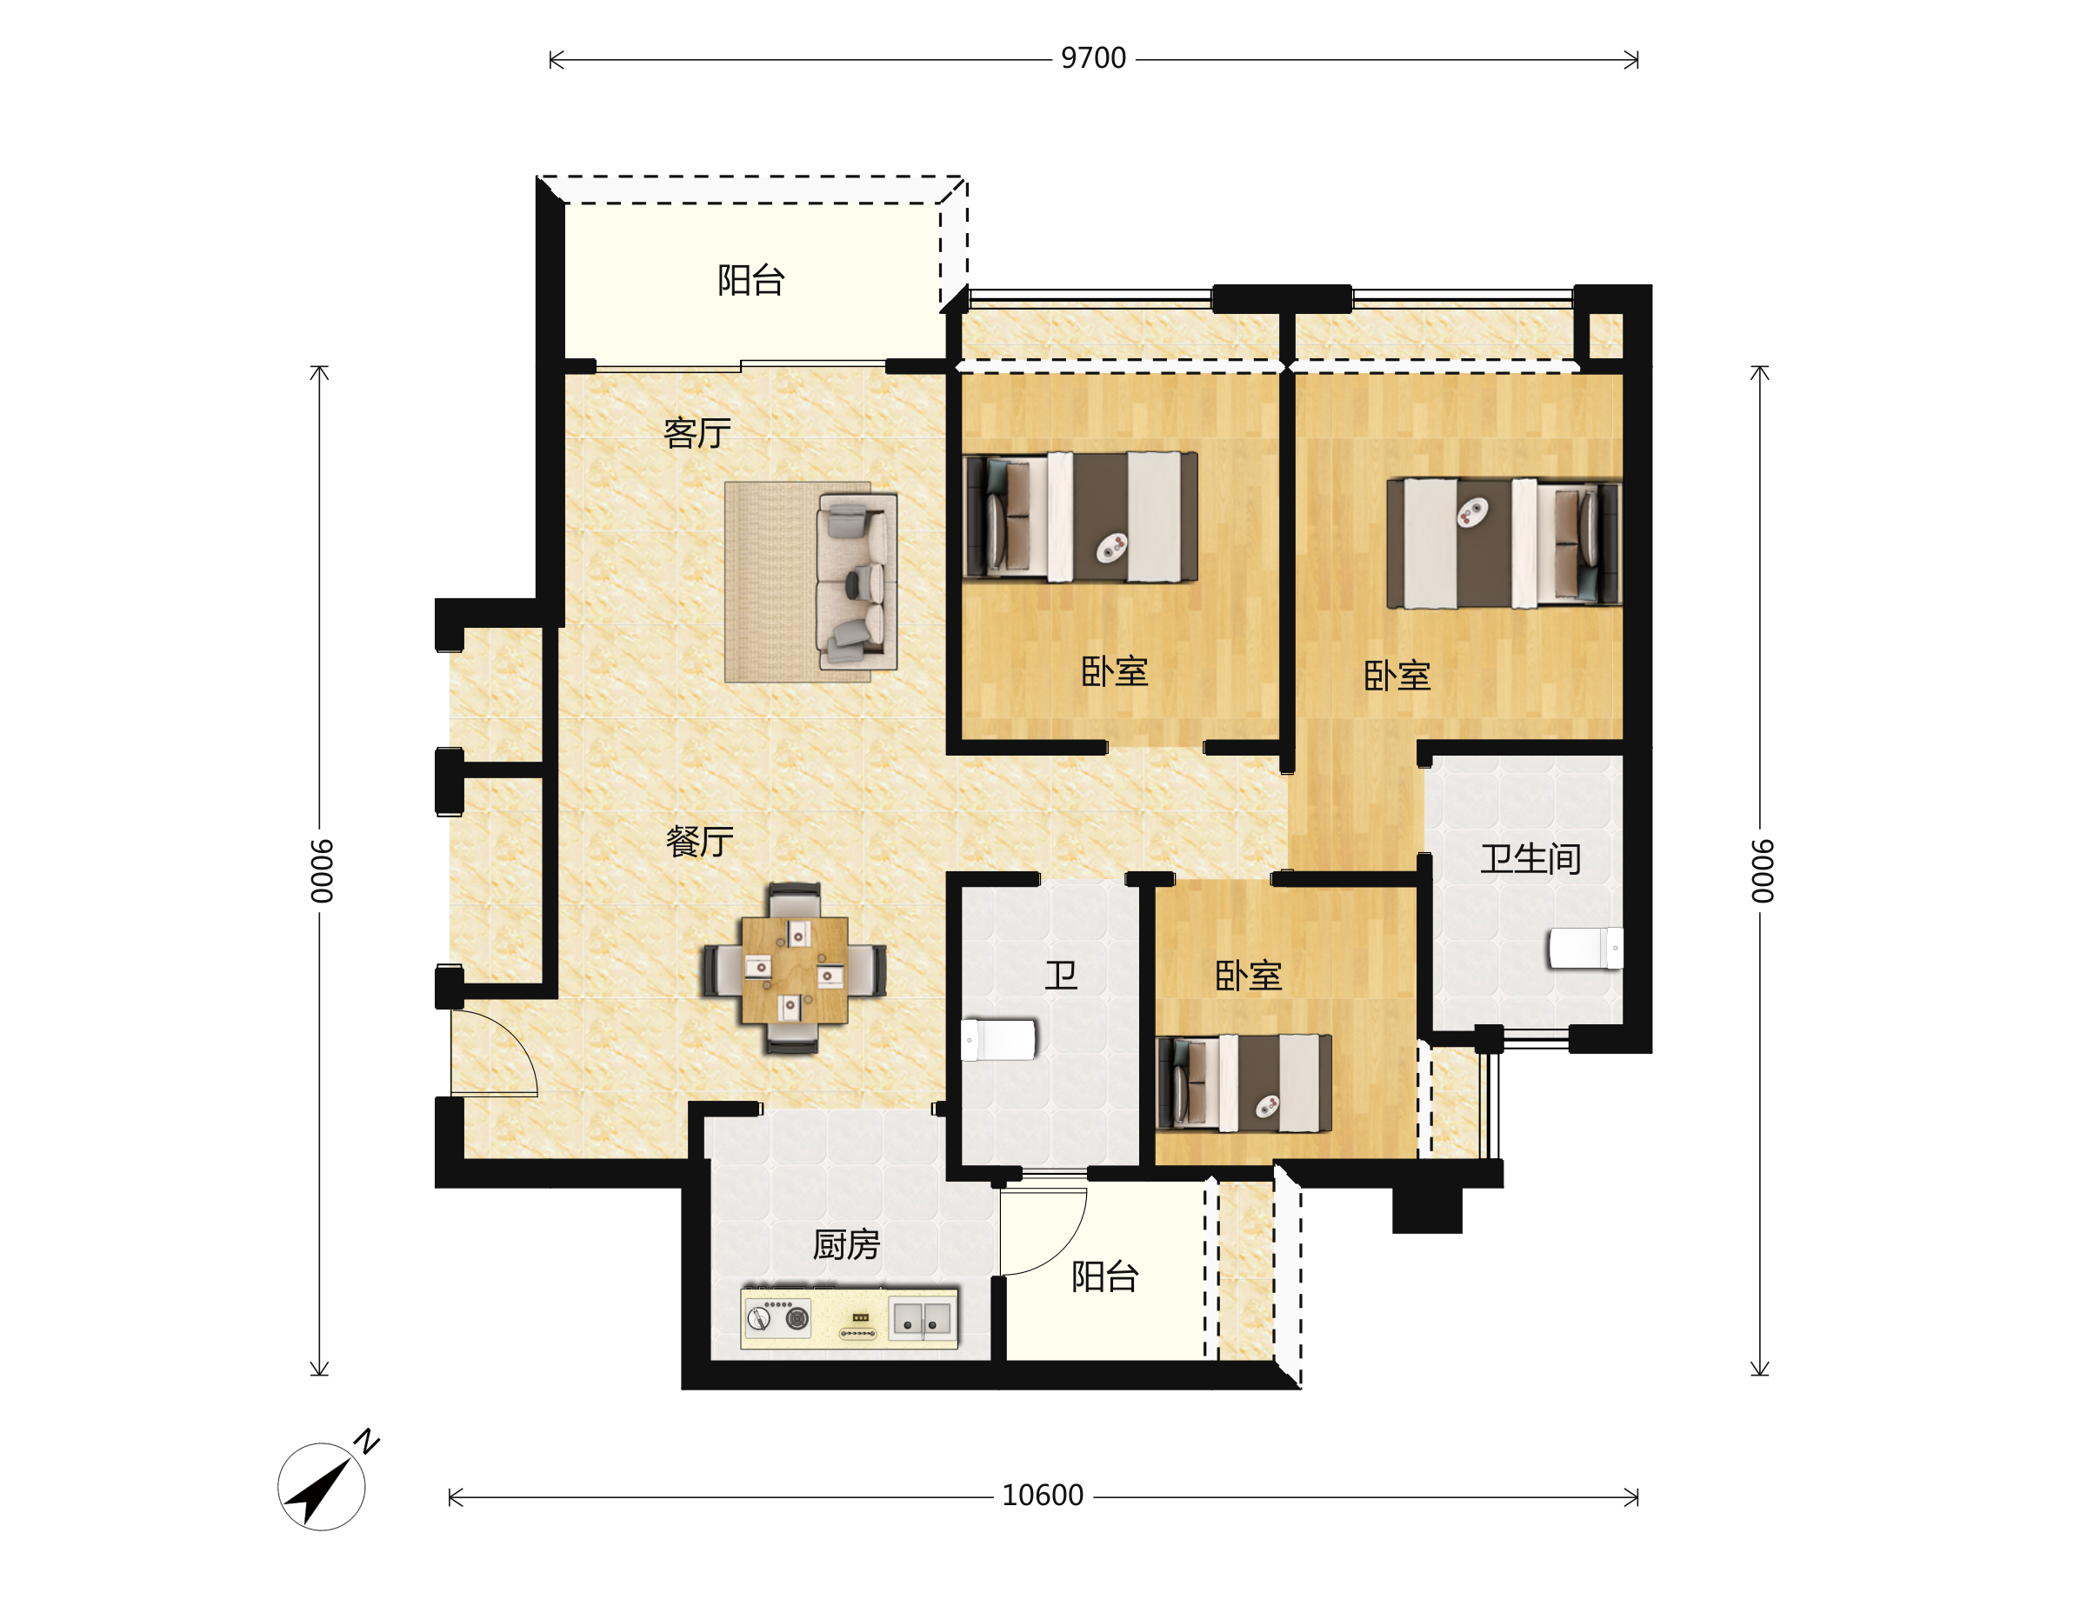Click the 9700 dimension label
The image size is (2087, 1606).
[x=1093, y=58]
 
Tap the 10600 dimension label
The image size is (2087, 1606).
[x=1043, y=1496]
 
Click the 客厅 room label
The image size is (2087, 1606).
[x=697, y=433]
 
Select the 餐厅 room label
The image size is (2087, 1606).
[x=699, y=841]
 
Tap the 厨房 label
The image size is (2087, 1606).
[x=846, y=1245]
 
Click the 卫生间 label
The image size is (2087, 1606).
[x=1530, y=859]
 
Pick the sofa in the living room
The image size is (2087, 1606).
[x=857, y=582]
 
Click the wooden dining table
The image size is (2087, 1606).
[x=794, y=970]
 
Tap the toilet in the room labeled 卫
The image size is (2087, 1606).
[x=997, y=1039]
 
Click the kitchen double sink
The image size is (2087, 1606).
[x=921, y=1319]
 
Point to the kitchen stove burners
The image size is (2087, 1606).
[x=777, y=1318]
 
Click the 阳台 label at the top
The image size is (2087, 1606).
[x=751, y=280]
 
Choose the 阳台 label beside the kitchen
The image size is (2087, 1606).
[x=1104, y=1276]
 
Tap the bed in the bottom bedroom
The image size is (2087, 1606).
[x=1244, y=1083]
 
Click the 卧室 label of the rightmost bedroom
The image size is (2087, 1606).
[x=1397, y=676]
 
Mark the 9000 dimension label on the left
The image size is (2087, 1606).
[x=322, y=870]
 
